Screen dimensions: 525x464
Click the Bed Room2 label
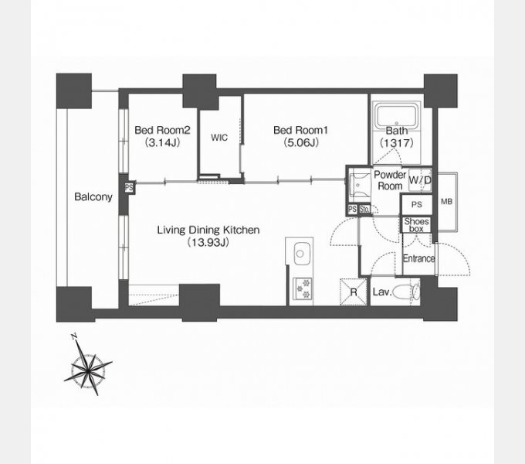pos(162,130)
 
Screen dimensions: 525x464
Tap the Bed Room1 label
pos(300,130)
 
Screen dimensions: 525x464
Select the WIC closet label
pos(219,138)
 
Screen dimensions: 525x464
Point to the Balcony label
pos(93,196)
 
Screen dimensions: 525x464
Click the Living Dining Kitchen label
pos(208,230)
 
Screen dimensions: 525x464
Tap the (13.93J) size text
pos(208,242)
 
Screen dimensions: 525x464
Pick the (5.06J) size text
pos(301,143)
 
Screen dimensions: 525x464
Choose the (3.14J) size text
pos(162,143)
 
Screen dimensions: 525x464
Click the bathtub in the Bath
pos(396,116)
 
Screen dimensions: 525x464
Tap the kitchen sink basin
pos(300,254)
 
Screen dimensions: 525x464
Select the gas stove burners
pos(303,289)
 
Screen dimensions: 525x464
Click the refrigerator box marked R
pos(354,292)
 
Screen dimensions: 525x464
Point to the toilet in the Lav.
pos(406,292)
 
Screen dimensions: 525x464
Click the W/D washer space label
pos(420,180)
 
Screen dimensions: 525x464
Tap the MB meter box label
pos(447,202)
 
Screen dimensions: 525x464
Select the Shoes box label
pos(416,225)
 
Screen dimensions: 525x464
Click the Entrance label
pos(419,258)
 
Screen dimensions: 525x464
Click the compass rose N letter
pos(74,336)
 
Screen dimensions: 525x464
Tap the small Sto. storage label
pos(364,210)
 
